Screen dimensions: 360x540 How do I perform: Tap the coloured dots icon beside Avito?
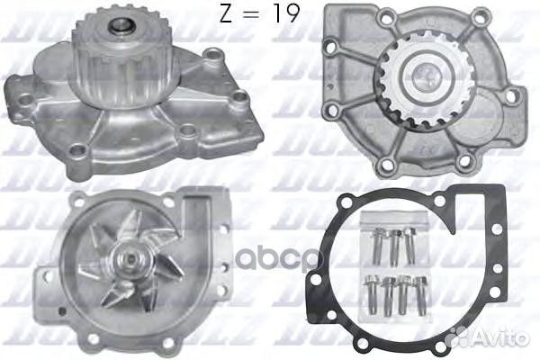459,335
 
